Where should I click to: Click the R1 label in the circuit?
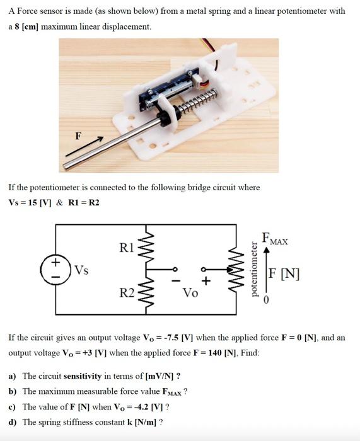tap(126, 246)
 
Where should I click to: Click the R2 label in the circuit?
tap(127, 293)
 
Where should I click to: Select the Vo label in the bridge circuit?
tap(190, 293)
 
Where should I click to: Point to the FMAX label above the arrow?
tap(276, 240)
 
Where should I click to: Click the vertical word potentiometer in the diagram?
tap(254, 270)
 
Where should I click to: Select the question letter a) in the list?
tap(13, 376)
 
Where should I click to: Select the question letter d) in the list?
tap(13, 422)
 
